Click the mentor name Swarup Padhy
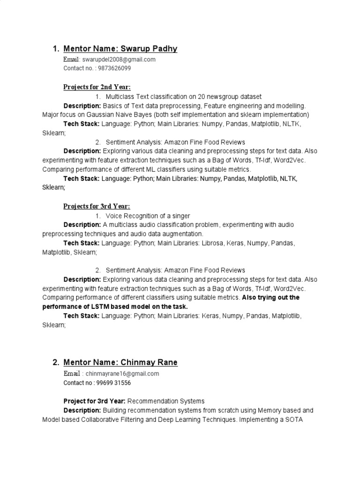coord(149,49)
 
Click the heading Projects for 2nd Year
coord(97,87)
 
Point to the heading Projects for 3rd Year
coord(97,206)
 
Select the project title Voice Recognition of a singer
coord(148,216)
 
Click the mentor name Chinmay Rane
coord(149,362)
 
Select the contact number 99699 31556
coord(114,383)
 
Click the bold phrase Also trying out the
coord(271,298)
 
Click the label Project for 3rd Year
coord(94,401)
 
